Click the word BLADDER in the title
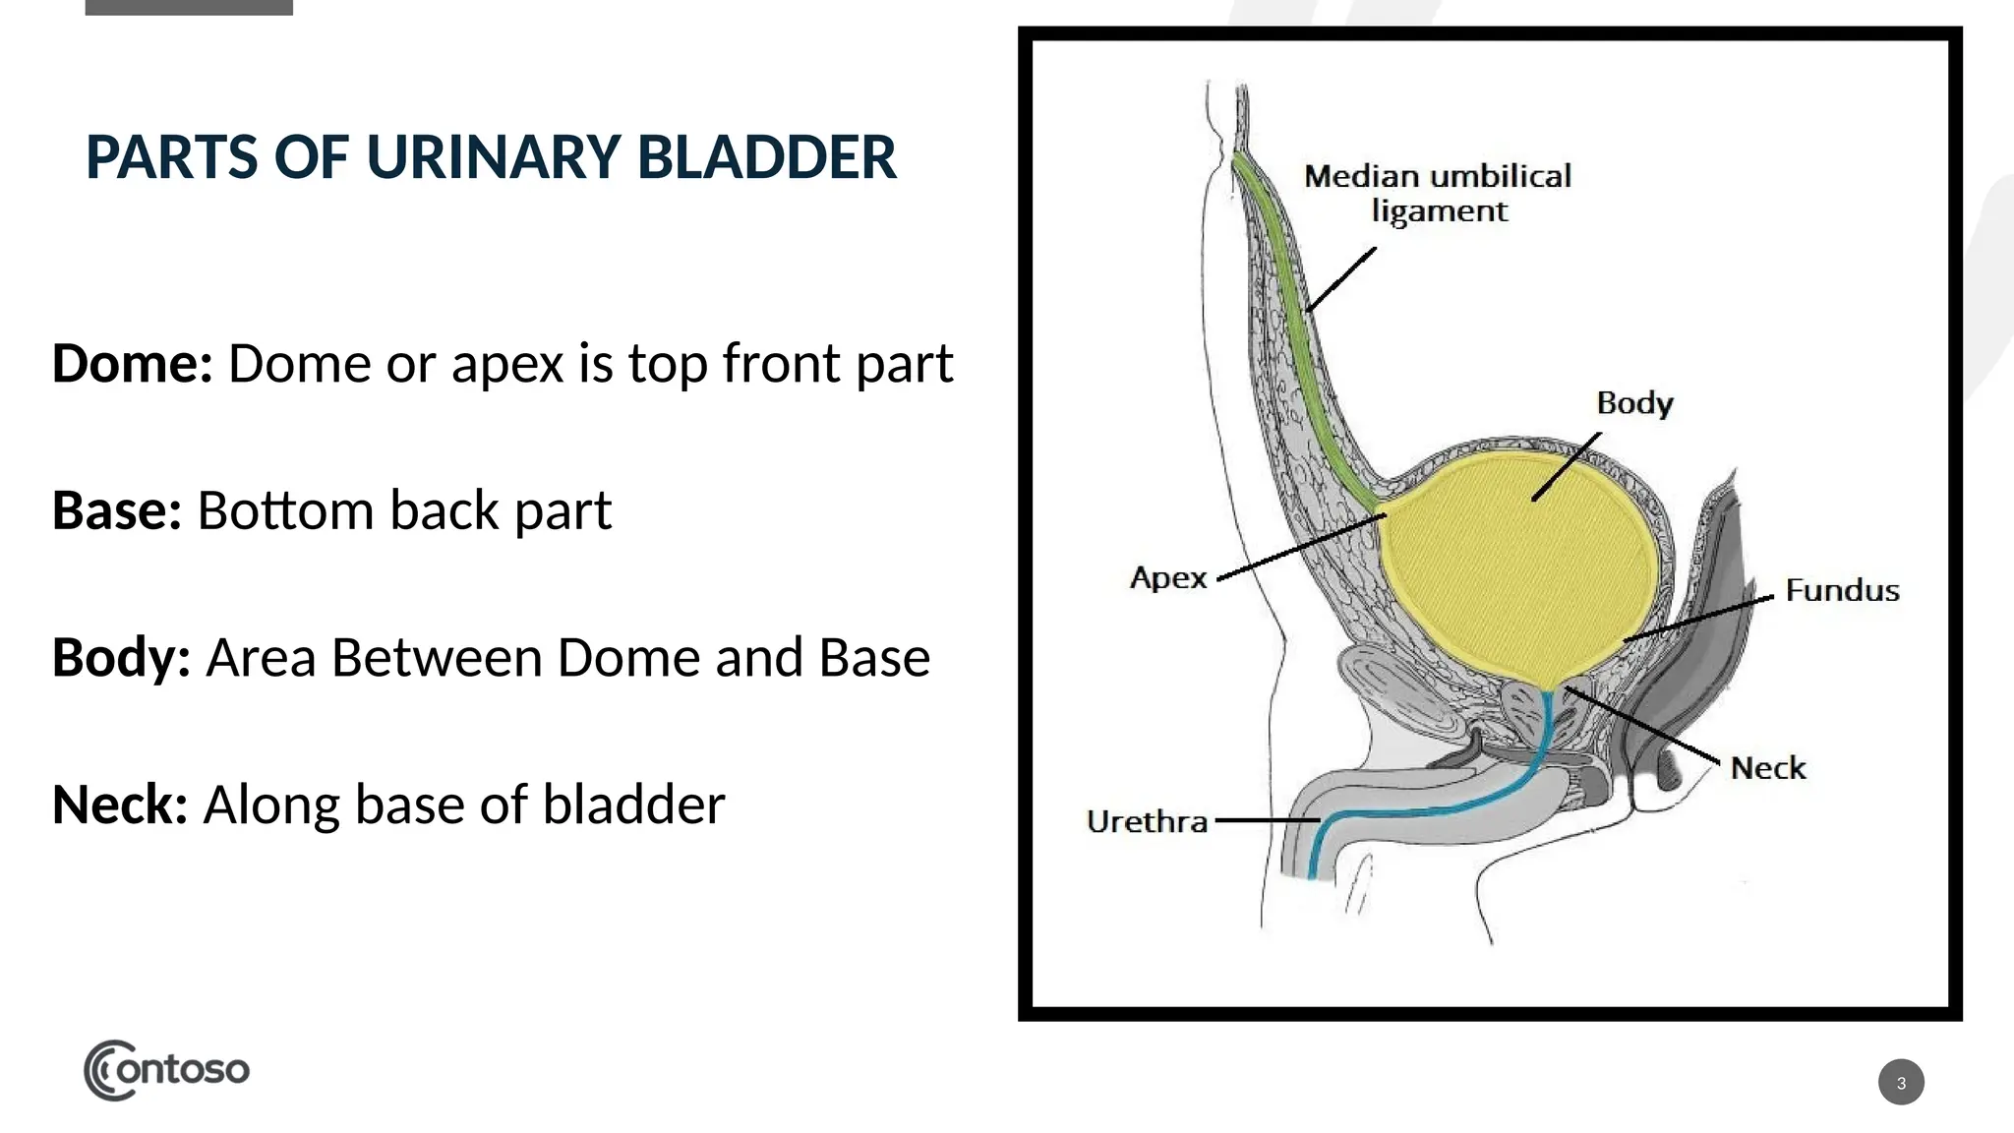766,157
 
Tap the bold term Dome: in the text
132,364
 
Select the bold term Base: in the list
116,510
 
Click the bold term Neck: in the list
119,805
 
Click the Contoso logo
166,1069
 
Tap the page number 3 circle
1900,1082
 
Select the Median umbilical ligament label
1438,193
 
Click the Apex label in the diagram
1168,577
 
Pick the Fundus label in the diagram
1842,590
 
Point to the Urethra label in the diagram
1147,821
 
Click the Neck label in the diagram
1767,768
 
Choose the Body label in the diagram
1634,403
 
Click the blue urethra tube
1446,808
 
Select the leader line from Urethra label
1267,819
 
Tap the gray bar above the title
189,7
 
